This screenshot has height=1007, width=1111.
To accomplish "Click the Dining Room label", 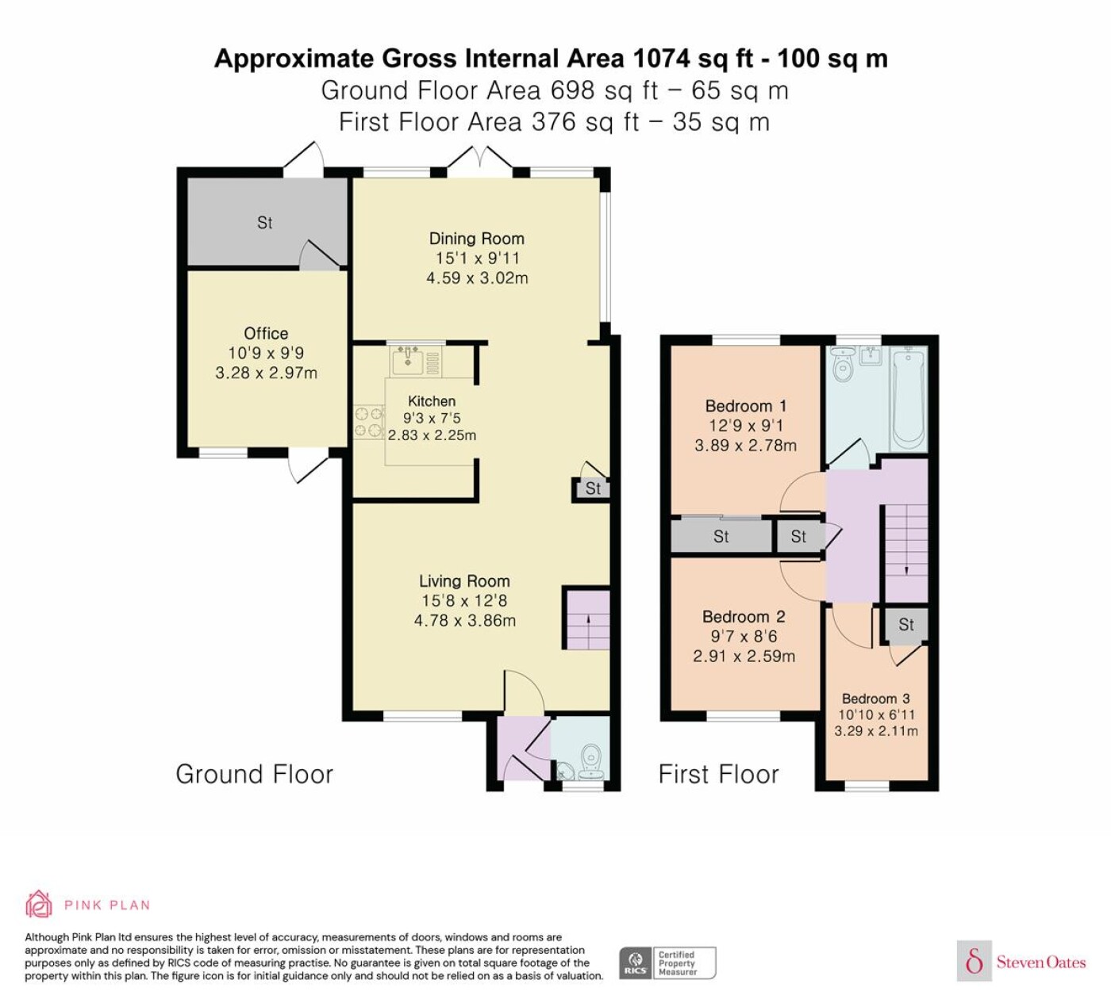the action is coord(476,239).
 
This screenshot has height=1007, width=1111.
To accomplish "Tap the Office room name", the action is coord(266,333).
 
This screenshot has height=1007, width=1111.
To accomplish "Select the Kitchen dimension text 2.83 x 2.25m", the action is coord(432,435).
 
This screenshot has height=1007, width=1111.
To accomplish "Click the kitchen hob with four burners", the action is coord(369,422).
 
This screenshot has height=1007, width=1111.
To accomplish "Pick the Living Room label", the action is coord(464,581).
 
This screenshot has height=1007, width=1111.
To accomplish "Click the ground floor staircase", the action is coord(587,619).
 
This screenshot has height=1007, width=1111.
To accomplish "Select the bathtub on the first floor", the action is coord(909,400).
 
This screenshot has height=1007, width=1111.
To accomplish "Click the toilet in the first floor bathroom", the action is coord(842,364).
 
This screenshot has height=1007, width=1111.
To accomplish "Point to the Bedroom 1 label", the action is coord(745,406).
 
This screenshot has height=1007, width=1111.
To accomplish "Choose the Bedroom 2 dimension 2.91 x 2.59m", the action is coord(744,656).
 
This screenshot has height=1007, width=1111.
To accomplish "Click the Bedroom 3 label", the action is coord(875,699).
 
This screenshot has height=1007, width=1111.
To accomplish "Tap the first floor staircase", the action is coord(905,553).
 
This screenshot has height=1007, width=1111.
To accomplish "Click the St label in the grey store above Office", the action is coord(265,223).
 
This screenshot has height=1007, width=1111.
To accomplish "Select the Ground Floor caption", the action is coord(254,774).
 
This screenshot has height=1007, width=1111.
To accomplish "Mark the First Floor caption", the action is coord(718,774).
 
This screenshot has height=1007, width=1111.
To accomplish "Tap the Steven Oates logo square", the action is coord(975,960).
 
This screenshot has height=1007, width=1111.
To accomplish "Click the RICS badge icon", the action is coord(636,963).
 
